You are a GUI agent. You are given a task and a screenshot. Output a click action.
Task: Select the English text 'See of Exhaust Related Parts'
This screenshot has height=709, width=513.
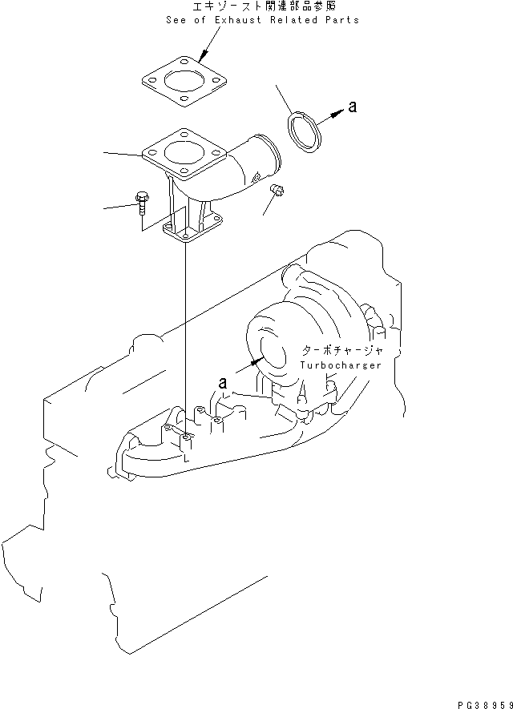tap(262, 20)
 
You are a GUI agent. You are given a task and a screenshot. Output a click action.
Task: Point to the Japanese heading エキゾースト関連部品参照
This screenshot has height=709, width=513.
tap(262, 7)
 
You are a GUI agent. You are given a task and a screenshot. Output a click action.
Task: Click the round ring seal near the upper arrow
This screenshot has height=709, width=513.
tap(304, 131)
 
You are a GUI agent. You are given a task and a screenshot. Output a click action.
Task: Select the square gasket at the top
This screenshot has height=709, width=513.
tap(184, 82)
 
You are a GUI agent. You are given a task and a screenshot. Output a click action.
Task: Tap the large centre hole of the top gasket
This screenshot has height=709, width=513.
tap(184, 82)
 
